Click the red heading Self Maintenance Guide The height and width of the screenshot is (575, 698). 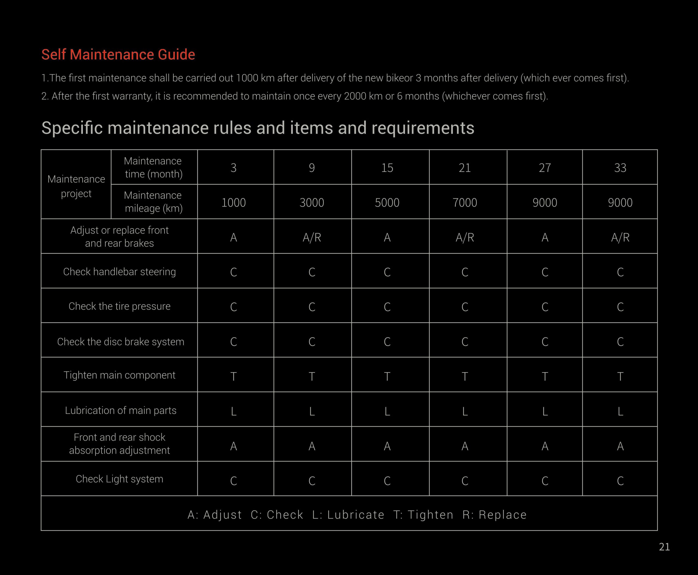[118, 55]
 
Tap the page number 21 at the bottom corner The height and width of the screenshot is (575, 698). [664, 547]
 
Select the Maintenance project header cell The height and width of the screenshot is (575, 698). [76, 186]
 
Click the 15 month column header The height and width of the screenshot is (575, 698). [387, 168]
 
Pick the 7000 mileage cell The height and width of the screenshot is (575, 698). [465, 202]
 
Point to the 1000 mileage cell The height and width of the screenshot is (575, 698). [234, 202]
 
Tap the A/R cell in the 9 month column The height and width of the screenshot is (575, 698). [312, 237]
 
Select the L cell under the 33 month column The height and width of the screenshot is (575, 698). [620, 411]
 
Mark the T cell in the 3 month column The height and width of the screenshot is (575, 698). [234, 377]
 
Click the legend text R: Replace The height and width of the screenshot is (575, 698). [494, 515]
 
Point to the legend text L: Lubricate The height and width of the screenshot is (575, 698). [348, 515]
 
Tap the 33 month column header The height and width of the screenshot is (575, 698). [620, 168]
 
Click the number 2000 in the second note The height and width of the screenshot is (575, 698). [355, 96]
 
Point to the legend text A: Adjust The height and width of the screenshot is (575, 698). [215, 515]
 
